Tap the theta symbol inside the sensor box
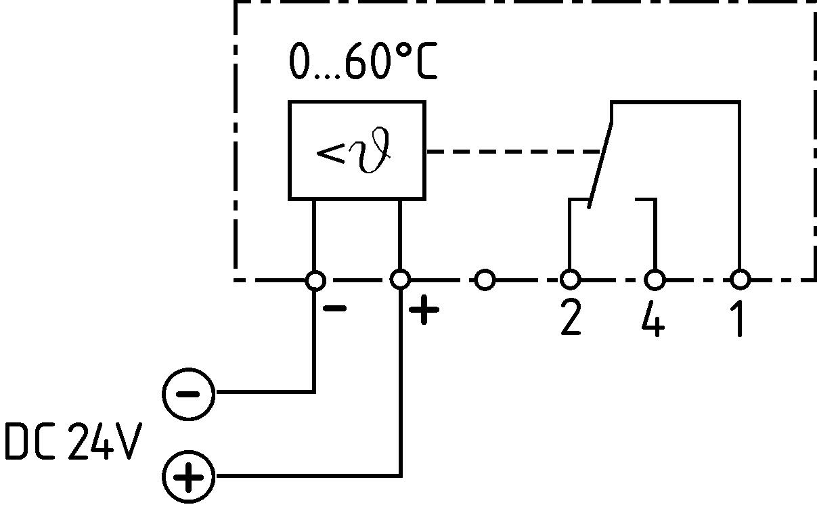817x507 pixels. point(376,152)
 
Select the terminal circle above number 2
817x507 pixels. point(570,279)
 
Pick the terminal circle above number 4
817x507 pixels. point(655,279)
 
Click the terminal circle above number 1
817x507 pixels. point(740,279)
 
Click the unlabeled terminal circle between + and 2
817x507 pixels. point(485,279)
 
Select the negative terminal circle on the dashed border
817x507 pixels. point(315,279)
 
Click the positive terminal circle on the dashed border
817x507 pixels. point(400,279)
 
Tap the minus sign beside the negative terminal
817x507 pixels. point(335,309)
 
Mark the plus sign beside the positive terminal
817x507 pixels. point(424,311)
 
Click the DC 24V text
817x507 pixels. point(72,442)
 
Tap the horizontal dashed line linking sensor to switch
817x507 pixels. point(514,152)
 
